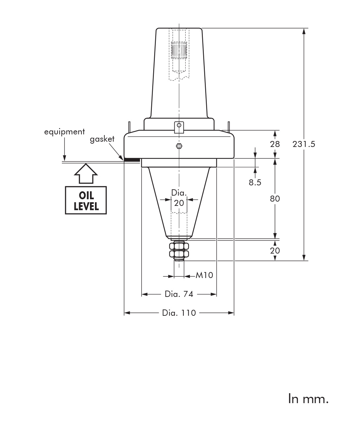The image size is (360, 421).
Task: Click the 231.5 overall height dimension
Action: point(304,144)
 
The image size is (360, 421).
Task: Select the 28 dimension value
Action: point(275,144)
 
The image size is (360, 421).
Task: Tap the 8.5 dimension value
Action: point(255,182)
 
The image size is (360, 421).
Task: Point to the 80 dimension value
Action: point(275,199)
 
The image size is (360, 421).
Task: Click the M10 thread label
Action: point(204,275)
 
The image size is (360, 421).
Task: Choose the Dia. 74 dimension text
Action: point(179,294)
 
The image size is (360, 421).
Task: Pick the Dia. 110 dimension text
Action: point(179,313)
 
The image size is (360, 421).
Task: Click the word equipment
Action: point(64,132)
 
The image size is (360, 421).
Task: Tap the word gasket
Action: point(102,139)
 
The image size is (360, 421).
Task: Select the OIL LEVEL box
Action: point(86,200)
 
